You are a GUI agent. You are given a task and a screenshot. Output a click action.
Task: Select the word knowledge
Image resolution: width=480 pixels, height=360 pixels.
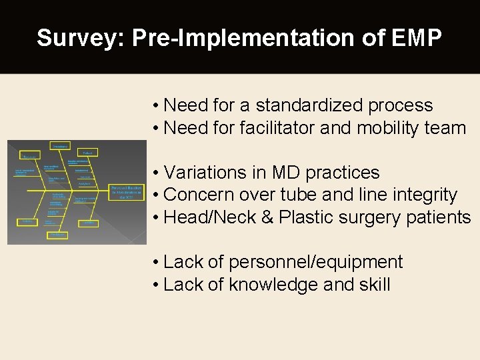tap(272, 285)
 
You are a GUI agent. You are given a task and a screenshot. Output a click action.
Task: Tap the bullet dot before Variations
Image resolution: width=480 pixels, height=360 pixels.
tap(155, 173)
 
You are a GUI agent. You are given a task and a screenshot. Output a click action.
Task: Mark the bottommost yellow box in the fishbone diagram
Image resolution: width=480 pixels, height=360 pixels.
tap(59, 235)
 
